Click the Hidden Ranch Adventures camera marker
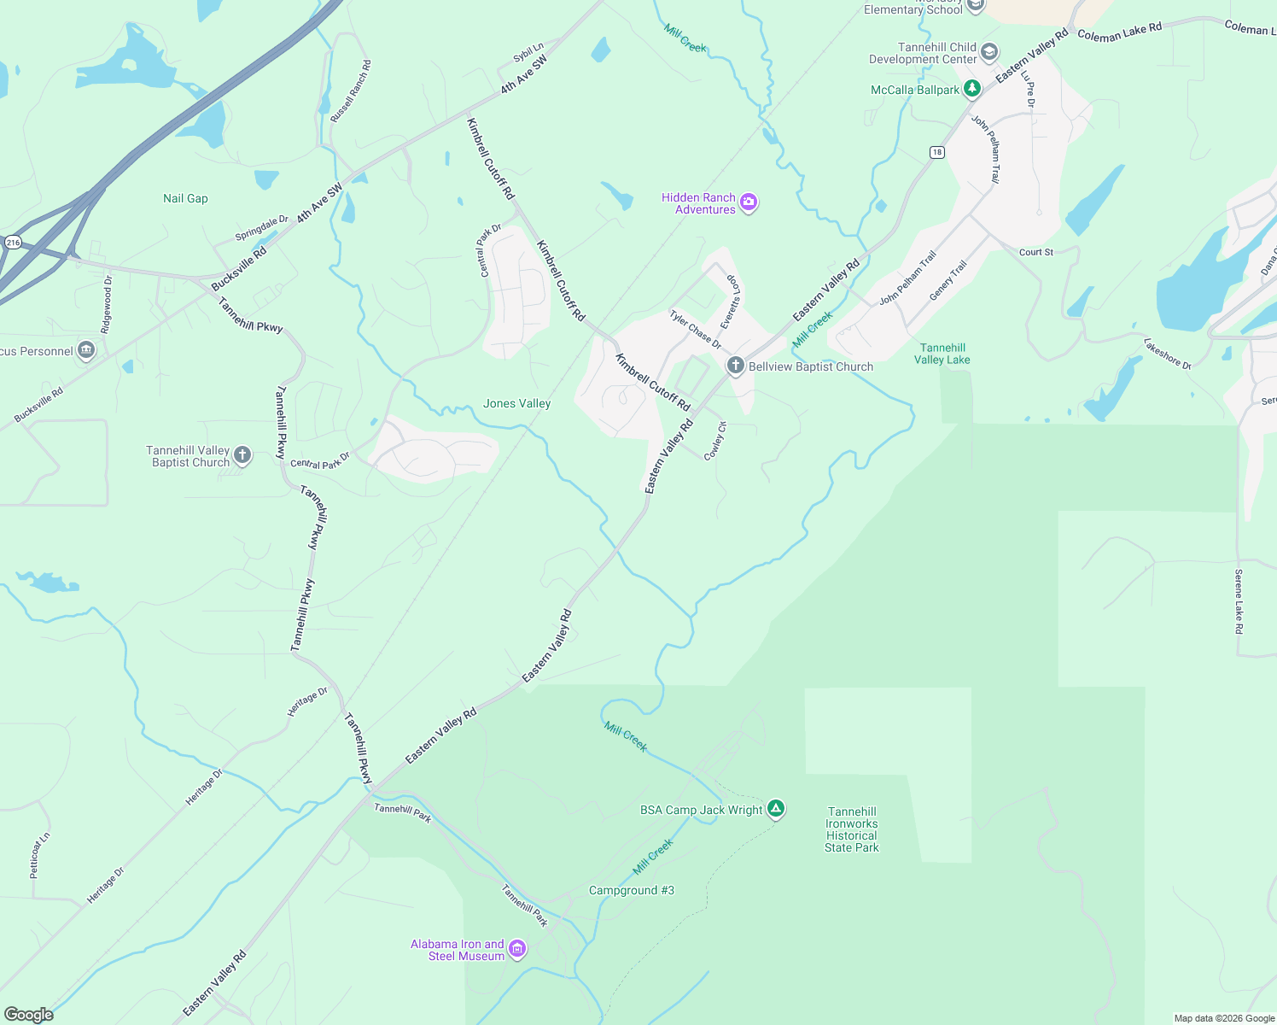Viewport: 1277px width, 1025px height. pos(749,202)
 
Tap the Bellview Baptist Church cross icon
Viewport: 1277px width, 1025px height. pos(735,366)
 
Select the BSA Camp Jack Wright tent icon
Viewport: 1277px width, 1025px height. pos(775,808)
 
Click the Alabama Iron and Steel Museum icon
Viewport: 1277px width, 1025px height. pos(517,949)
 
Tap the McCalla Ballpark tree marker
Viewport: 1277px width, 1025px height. pos(971,89)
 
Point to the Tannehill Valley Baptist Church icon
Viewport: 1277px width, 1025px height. pos(242,455)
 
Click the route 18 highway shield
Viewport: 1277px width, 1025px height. pos(937,152)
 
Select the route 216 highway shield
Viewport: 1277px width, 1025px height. pos(13,243)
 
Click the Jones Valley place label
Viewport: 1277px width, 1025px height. pos(516,403)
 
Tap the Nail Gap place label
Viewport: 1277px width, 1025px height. pos(185,198)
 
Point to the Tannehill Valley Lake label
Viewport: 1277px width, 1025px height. pos(942,354)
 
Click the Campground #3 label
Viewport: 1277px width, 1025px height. pos(632,890)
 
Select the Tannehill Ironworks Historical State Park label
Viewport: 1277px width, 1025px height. pos(852,829)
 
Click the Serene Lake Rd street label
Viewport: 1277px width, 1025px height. pos(1239,601)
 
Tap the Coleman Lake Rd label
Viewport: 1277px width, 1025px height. pos(1119,32)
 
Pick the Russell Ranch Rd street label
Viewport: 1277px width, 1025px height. pos(351,91)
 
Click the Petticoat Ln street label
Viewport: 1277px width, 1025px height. pos(40,855)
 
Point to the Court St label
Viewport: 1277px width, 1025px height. pos(1036,252)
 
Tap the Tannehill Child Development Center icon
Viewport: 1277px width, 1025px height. pos(989,52)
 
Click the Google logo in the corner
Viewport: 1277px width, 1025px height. pos(28,1014)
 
